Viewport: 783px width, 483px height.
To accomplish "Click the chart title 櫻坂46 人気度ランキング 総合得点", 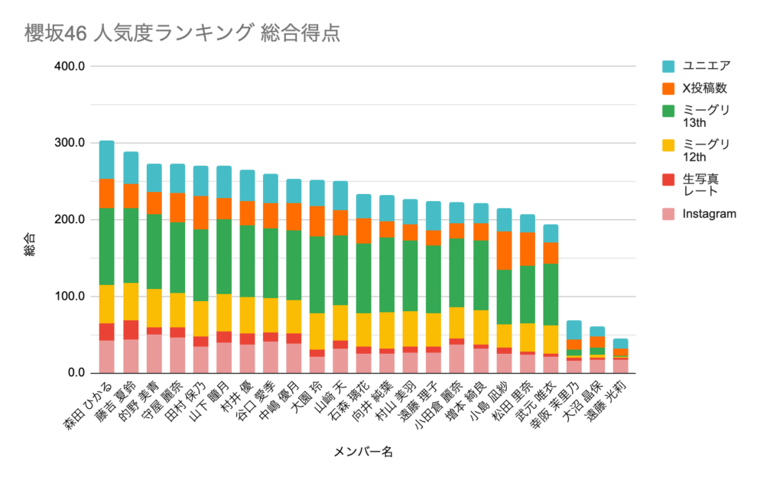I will pyautogui.click(x=181, y=34).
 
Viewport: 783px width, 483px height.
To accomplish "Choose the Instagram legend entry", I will pyautogui.click(x=709, y=214).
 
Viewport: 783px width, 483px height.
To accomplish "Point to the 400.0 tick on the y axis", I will pyautogui.click(x=70, y=66).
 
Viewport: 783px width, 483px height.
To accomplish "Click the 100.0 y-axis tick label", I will pyautogui.click(x=70, y=297).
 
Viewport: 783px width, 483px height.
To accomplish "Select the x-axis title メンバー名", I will pyautogui.click(x=363, y=452).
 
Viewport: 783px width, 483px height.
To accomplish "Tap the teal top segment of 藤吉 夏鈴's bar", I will pyautogui.click(x=131, y=167).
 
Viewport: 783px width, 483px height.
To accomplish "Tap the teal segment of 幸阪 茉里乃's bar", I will pyautogui.click(x=573, y=329).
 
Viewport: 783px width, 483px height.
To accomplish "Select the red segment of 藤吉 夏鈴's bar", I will pyautogui.click(x=131, y=329).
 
